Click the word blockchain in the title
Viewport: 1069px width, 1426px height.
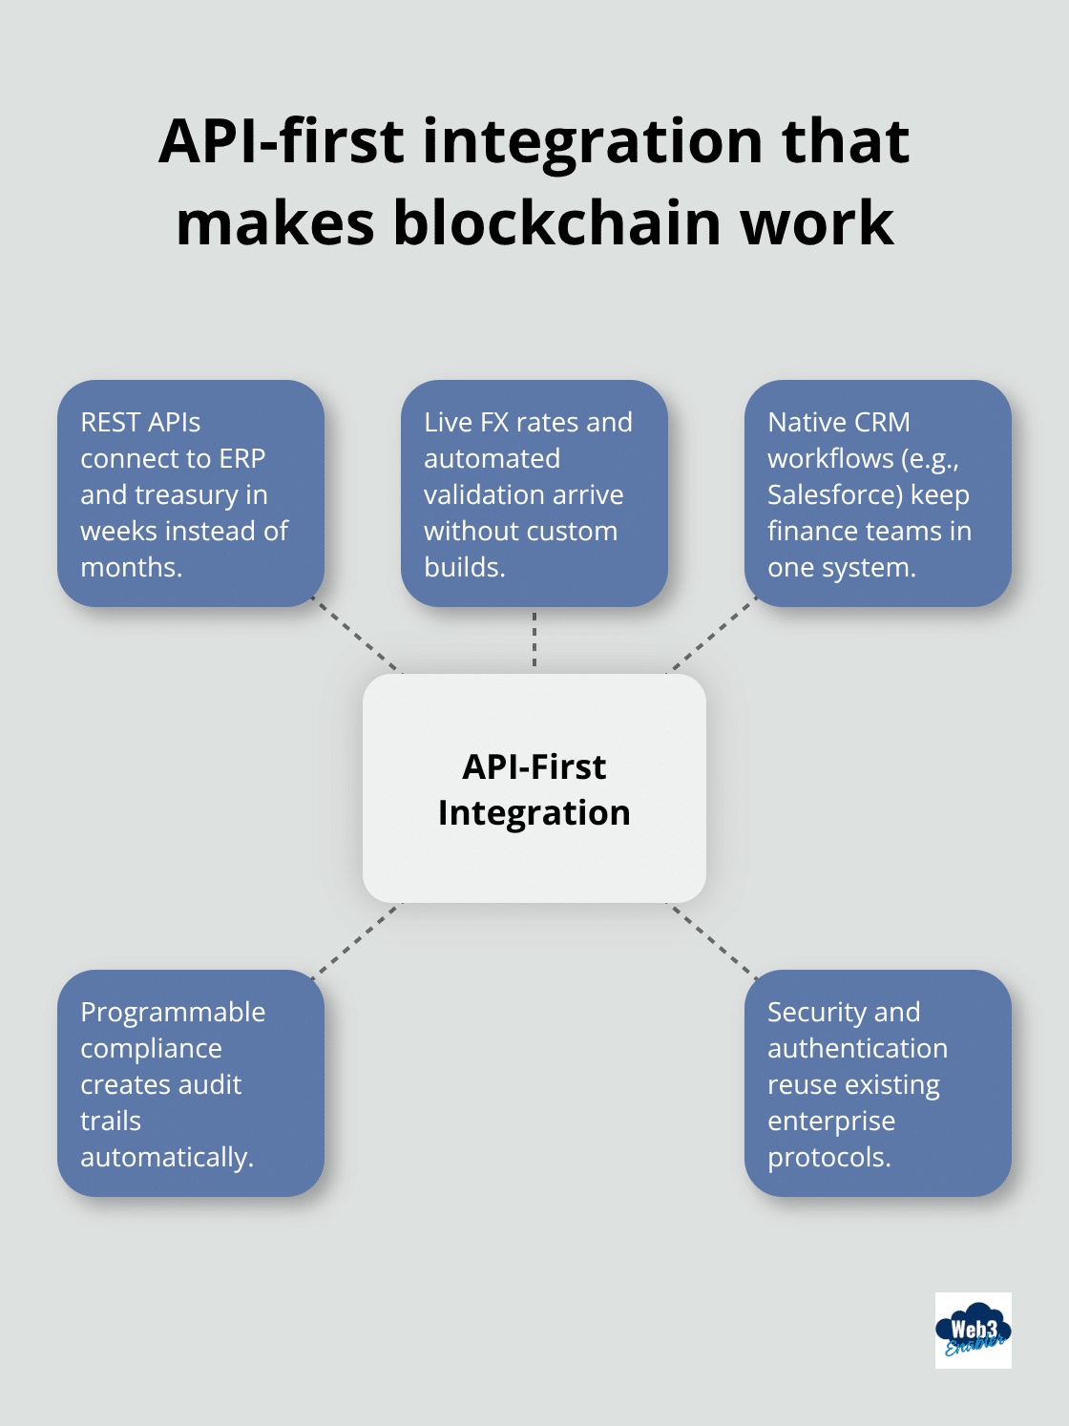tap(558, 223)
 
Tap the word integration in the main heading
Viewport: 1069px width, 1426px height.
tap(593, 141)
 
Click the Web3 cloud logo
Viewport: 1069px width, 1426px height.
tap(973, 1330)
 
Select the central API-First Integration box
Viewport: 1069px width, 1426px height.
tap(534, 788)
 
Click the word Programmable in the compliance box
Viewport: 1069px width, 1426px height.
tap(173, 1012)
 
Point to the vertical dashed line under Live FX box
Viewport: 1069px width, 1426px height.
tap(534, 640)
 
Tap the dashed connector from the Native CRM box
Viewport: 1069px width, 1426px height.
tap(711, 637)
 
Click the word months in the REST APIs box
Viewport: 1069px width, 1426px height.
tap(130, 567)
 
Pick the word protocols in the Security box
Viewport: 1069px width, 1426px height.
tap(828, 1157)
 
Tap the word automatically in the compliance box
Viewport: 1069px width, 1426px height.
tap(165, 1157)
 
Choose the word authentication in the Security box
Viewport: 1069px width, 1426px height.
tap(857, 1048)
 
